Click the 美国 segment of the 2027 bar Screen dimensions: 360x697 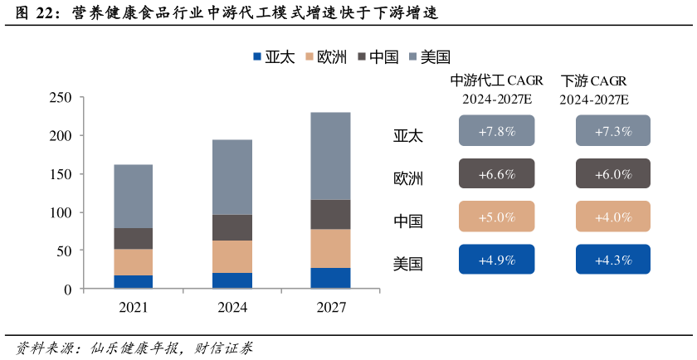click(x=330, y=156)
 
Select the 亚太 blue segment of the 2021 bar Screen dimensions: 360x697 click(x=133, y=282)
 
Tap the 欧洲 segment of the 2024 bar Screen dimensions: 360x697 click(x=232, y=256)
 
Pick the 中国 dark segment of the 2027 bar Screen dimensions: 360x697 click(x=330, y=215)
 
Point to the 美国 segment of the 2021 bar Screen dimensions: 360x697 click(x=133, y=196)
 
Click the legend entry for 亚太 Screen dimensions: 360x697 click(x=274, y=57)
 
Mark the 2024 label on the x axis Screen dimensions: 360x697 click(x=232, y=308)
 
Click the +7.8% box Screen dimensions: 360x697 click(x=496, y=131)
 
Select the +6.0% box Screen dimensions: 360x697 click(x=612, y=174)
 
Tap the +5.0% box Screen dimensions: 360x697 click(x=496, y=217)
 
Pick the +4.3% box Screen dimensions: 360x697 click(x=612, y=260)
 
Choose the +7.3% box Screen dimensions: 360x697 click(x=612, y=131)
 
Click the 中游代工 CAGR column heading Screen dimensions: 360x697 click(x=496, y=81)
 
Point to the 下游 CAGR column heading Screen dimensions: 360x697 click(x=593, y=81)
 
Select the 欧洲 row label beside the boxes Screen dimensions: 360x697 click(x=408, y=178)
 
